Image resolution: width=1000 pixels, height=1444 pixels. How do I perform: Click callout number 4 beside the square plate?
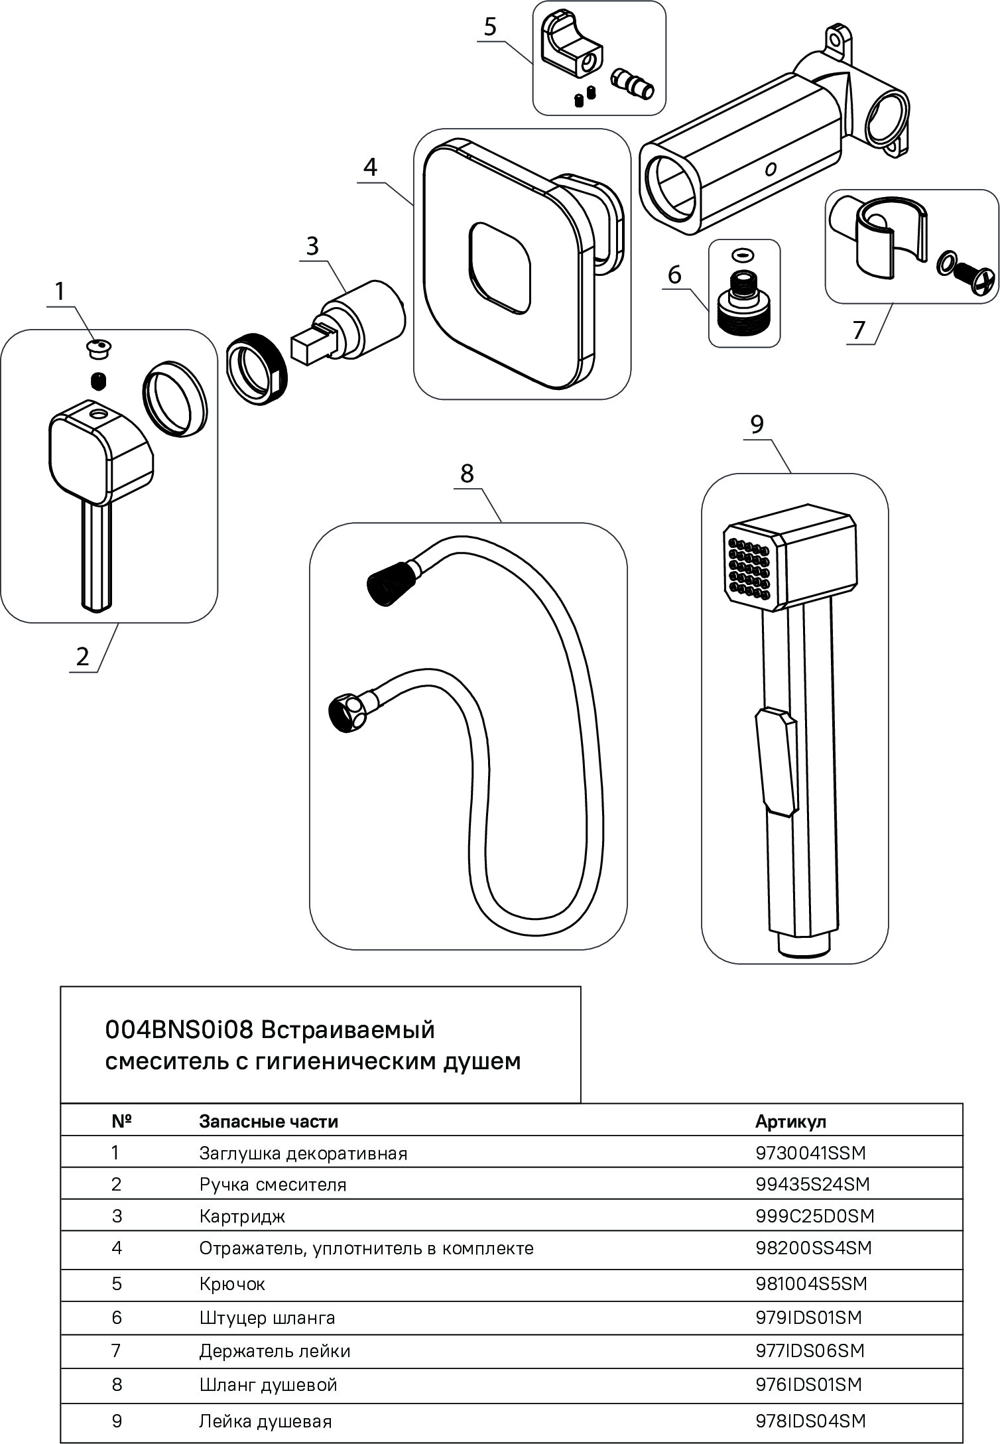pyautogui.click(x=371, y=167)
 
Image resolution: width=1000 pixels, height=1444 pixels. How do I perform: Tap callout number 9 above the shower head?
pyautogui.click(x=757, y=425)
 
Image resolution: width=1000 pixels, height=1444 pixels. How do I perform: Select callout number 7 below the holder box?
pyautogui.click(x=859, y=330)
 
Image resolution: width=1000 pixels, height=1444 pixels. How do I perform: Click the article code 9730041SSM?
pyautogui.click(x=810, y=1153)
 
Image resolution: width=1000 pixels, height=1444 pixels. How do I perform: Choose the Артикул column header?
pyautogui.click(x=790, y=1122)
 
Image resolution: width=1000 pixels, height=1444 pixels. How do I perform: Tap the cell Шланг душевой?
pyautogui.click(x=268, y=1384)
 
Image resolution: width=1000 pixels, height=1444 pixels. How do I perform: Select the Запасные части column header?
pyautogui.click(x=269, y=1122)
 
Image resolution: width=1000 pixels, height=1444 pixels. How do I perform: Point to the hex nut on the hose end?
pyautogui.click(x=346, y=712)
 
